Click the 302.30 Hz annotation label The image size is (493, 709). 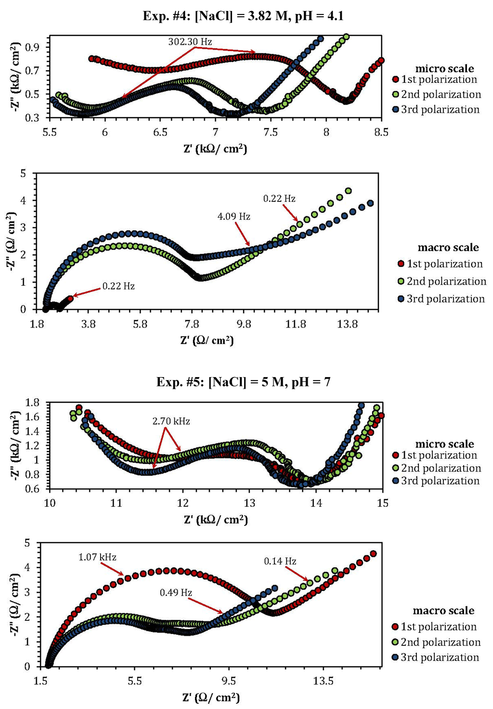[x=190, y=42]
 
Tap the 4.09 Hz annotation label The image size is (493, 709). [x=234, y=217]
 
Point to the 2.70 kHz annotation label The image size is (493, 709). [x=171, y=421]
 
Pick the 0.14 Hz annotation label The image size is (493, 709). [x=280, y=562]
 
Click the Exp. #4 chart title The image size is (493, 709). [x=243, y=16]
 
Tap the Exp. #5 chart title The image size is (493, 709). [x=243, y=382]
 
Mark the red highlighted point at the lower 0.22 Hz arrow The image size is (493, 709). [x=70, y=298]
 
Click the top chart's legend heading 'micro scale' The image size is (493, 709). [x=444, y=69]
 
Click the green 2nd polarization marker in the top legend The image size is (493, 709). [x=395, y=94]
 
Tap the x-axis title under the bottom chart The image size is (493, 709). [x=210, y=698]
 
